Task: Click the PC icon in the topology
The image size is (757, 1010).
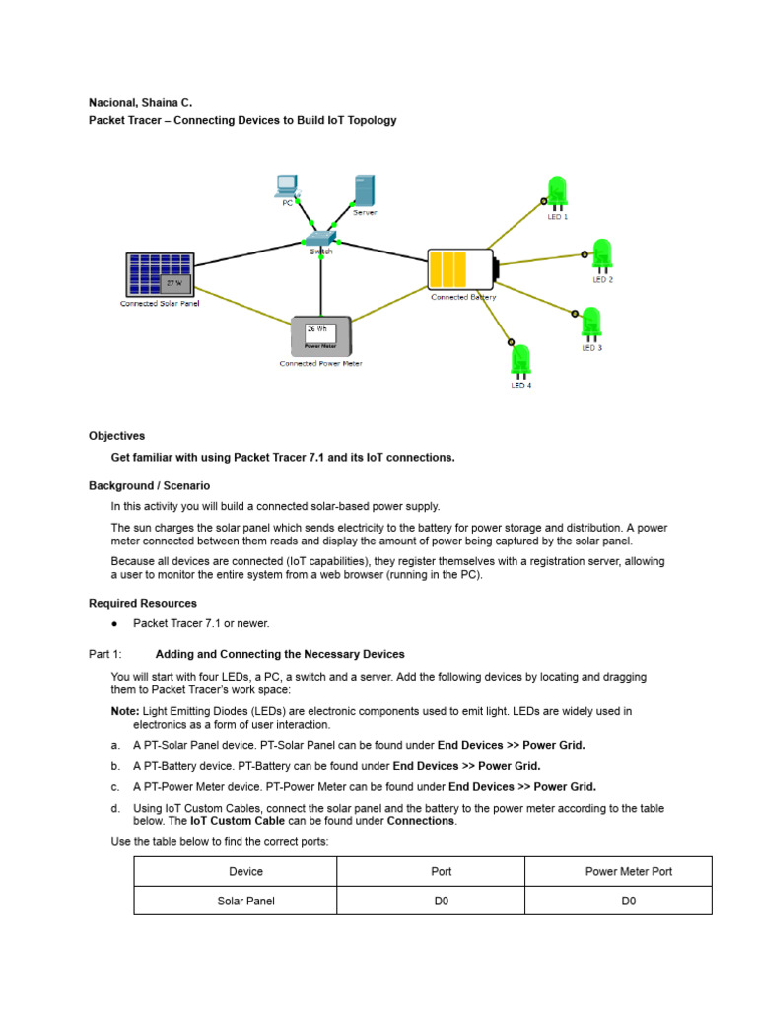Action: pos(287,183)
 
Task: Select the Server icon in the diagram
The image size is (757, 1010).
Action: pos(365,190)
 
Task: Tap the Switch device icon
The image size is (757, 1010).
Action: pos(320,239)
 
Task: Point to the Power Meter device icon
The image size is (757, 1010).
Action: pos(321,336)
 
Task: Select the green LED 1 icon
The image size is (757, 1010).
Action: pos(557,192)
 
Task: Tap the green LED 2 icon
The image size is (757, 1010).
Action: pos(601,255)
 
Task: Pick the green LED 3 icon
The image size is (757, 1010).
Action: pos(590,324)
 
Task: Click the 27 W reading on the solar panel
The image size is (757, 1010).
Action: pos(173,284)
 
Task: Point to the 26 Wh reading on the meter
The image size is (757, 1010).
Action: pos(316,328)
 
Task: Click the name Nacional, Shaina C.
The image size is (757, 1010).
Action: pos(141,103)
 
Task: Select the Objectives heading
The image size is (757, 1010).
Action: pos(116,436)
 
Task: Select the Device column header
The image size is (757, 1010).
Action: pos(245,871)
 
